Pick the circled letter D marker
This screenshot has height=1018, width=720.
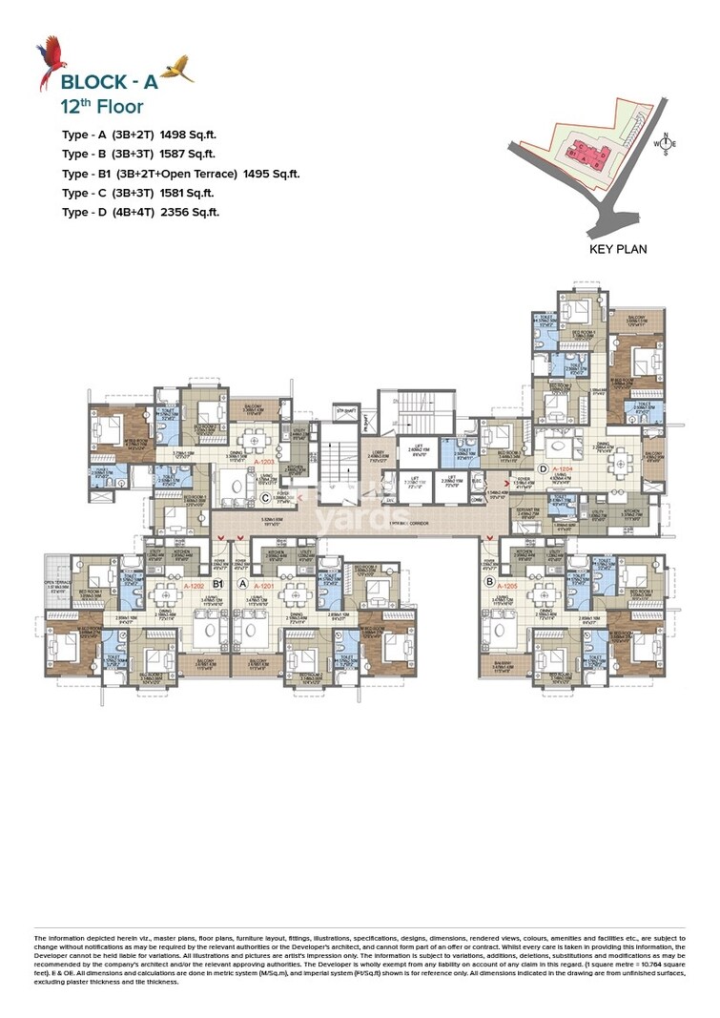(x=542, y=468)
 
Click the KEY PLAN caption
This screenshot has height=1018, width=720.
(x=618, y=249)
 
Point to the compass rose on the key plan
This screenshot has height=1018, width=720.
(x=667, y=145)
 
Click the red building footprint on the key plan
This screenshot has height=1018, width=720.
(x=580, y=150)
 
